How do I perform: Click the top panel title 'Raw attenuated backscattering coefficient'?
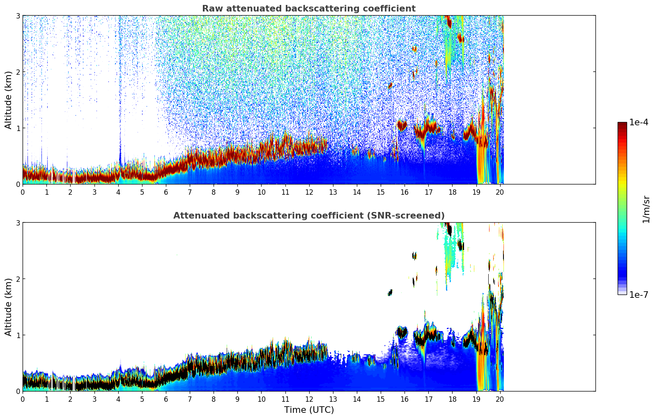(x=309, y=9)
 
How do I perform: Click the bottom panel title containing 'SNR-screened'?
(x=309, y=216)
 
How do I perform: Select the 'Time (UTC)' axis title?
(x=309, y=410)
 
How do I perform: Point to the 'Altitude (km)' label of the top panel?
(x=9, y=100)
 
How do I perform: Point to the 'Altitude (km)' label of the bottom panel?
(x=9, y=307)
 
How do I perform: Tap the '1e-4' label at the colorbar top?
(x=639, y=122)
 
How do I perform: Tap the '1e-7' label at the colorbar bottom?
(x=639, y=295)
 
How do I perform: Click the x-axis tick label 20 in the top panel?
(x=500, y=192)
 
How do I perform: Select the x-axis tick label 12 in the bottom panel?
(x=309, y=399)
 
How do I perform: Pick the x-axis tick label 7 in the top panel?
(x=190, y=192)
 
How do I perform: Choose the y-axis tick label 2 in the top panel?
(x=18, y=72)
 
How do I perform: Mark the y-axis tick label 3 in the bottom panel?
(x=18, y=223)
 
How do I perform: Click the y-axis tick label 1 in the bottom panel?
(x=18, y=335)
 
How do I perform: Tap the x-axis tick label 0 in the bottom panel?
(x=23, y=399)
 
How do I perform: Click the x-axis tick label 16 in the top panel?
(x=404, y=192)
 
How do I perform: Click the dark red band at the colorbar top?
(x=622, y=124)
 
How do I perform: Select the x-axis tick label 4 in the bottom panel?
(x=118, y=399)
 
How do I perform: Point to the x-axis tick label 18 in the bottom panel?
(x=452, y=399)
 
